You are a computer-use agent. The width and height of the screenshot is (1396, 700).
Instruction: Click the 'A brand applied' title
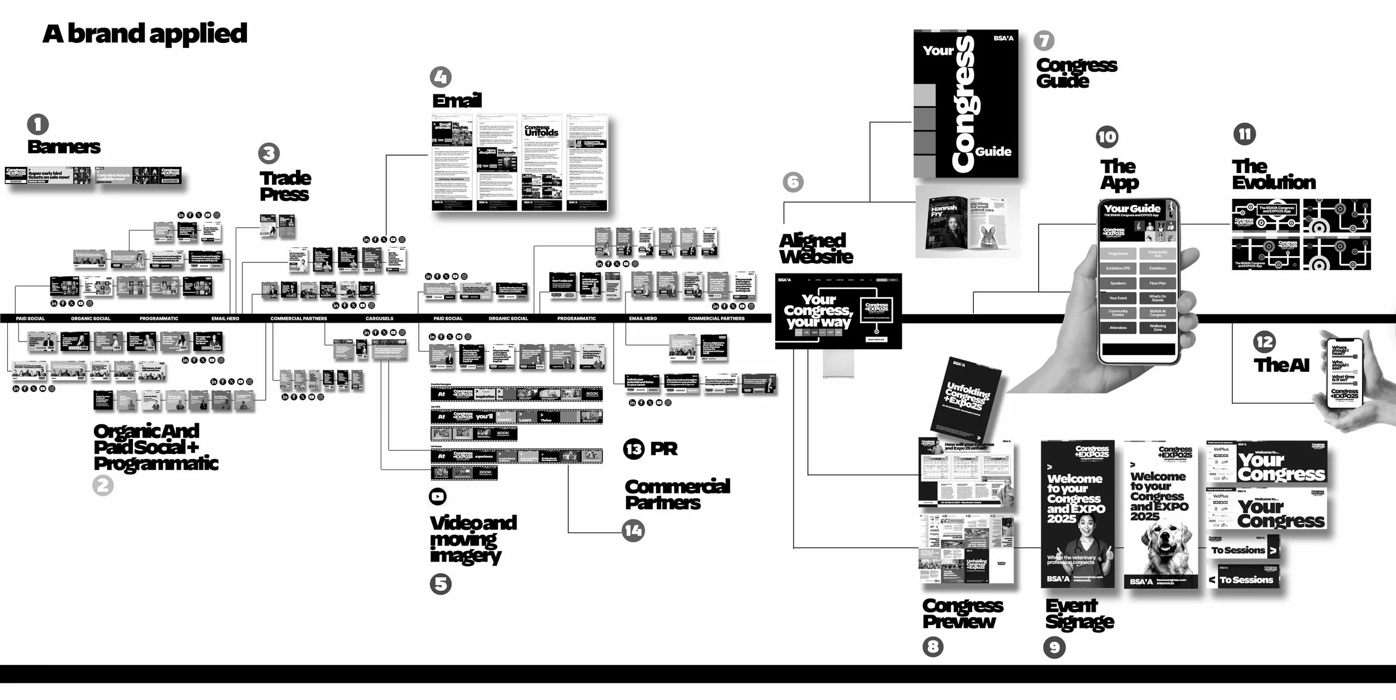[x=145, y=33]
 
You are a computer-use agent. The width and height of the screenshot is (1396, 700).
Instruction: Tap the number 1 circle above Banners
[x=38, y=124]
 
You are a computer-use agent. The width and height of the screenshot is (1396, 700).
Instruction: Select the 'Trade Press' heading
[x=285, y=186]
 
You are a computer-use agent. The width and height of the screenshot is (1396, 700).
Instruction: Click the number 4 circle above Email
[x=441, y=77]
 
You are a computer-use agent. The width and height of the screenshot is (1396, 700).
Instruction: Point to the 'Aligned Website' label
[x=816, y=248]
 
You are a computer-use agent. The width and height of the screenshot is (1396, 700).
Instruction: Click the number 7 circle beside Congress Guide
[x=1044, y=40]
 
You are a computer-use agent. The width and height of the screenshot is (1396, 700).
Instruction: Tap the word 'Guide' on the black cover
[x=993, y=151]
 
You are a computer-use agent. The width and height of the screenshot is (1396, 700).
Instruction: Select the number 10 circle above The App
[x=1107, y=137]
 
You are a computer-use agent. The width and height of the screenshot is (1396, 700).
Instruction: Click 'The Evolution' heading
[x=1274, y=174]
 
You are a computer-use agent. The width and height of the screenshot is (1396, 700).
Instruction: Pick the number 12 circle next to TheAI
[x=1264, y=342]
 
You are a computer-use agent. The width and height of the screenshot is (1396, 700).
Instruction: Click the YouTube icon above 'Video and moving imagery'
[x=438, y=496]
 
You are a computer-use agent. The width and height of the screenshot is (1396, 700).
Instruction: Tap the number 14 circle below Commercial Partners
[x=633, y=530]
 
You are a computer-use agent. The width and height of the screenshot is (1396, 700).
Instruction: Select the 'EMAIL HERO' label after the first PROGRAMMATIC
[x=225, y=318]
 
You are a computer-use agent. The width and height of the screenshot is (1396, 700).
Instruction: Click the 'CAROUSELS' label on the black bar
[x=379, y=318]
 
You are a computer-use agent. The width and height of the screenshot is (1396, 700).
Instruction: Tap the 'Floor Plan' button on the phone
[x=1158, y=283]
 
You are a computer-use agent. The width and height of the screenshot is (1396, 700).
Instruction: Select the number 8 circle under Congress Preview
[x=933, y=647]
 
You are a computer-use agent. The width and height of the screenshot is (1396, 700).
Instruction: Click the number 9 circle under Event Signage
[x=1054, y=647]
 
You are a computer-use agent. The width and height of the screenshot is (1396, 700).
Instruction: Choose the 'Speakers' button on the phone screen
[x=1118, y=283]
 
